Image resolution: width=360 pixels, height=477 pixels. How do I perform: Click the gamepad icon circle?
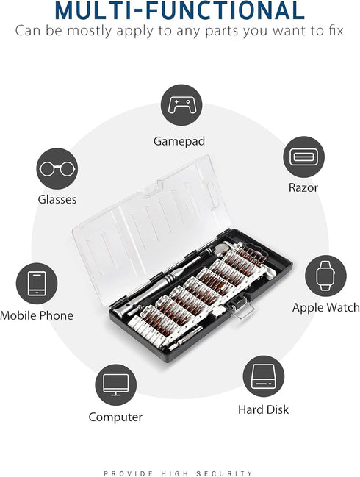pos(181,104)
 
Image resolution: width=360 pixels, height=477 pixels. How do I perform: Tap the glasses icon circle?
pos(56,168)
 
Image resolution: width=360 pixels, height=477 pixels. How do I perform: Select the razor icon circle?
pos(303,157)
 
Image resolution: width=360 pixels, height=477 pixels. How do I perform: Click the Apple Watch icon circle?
pos(325,276)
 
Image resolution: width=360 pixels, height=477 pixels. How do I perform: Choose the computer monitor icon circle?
pos(115,385)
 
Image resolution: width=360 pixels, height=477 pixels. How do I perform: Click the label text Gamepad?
pos(179,140)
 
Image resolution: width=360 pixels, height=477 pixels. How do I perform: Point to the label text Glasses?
pos(57,199)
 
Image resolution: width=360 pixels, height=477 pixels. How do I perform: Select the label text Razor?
pos(303,187)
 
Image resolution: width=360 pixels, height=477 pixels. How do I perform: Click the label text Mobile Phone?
pos(37,315)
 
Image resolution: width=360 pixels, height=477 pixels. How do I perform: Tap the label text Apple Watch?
pos(325,307)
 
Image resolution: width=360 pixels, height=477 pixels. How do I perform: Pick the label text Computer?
pos(115,417)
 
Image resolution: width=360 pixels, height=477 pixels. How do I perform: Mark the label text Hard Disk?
pos(264,409)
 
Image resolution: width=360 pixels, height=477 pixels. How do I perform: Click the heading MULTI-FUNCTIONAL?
pos(180,11)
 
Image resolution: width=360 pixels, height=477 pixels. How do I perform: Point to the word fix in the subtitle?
pos(334,31)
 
